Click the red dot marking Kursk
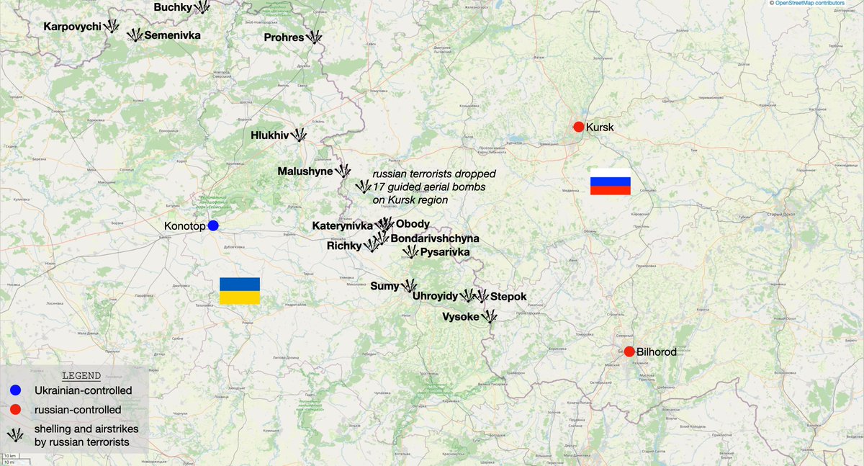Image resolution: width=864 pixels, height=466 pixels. (578, 127)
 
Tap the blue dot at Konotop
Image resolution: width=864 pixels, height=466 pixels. (213, 225)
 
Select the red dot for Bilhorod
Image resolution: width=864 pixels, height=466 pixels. (629, 351)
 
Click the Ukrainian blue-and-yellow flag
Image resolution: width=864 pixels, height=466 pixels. (240, 291)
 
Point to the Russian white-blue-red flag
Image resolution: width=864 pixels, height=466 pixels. (611, 186)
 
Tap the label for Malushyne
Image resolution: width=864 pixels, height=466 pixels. (305, 171)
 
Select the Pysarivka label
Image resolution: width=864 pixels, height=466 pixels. (445, 252)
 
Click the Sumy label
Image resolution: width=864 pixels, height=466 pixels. (384, 286)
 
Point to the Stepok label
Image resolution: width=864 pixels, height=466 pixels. (508, 297)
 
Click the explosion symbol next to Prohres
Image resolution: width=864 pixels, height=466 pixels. (315, 36)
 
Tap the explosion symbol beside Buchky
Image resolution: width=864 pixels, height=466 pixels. (203, 7)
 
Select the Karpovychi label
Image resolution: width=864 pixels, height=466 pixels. (72, 27)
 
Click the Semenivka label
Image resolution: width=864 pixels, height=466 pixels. (172, 35)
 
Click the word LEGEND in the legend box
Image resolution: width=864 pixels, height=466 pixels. (81, 375)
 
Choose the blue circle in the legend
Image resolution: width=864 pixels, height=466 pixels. (14, 390)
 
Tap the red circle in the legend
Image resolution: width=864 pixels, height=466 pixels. (14, 409)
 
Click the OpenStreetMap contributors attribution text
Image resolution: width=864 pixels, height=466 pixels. (819, 4)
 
